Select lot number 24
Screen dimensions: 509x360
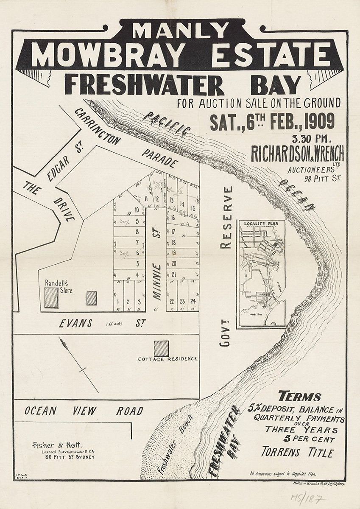pos(193,302)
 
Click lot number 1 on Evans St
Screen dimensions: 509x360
pos(117,302)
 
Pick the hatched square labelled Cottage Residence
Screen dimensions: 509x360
pos(161,348)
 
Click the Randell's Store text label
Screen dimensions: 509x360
pos(59,287)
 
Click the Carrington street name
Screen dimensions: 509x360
pos(98,126)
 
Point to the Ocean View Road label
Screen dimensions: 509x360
pos(84,411)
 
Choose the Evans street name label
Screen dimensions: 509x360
pos(76,324)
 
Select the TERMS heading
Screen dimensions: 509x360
pos(299,397)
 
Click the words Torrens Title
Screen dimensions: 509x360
pos(297,452)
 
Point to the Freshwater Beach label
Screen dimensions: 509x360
pos(175,444)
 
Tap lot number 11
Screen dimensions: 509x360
pos(146,199)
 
